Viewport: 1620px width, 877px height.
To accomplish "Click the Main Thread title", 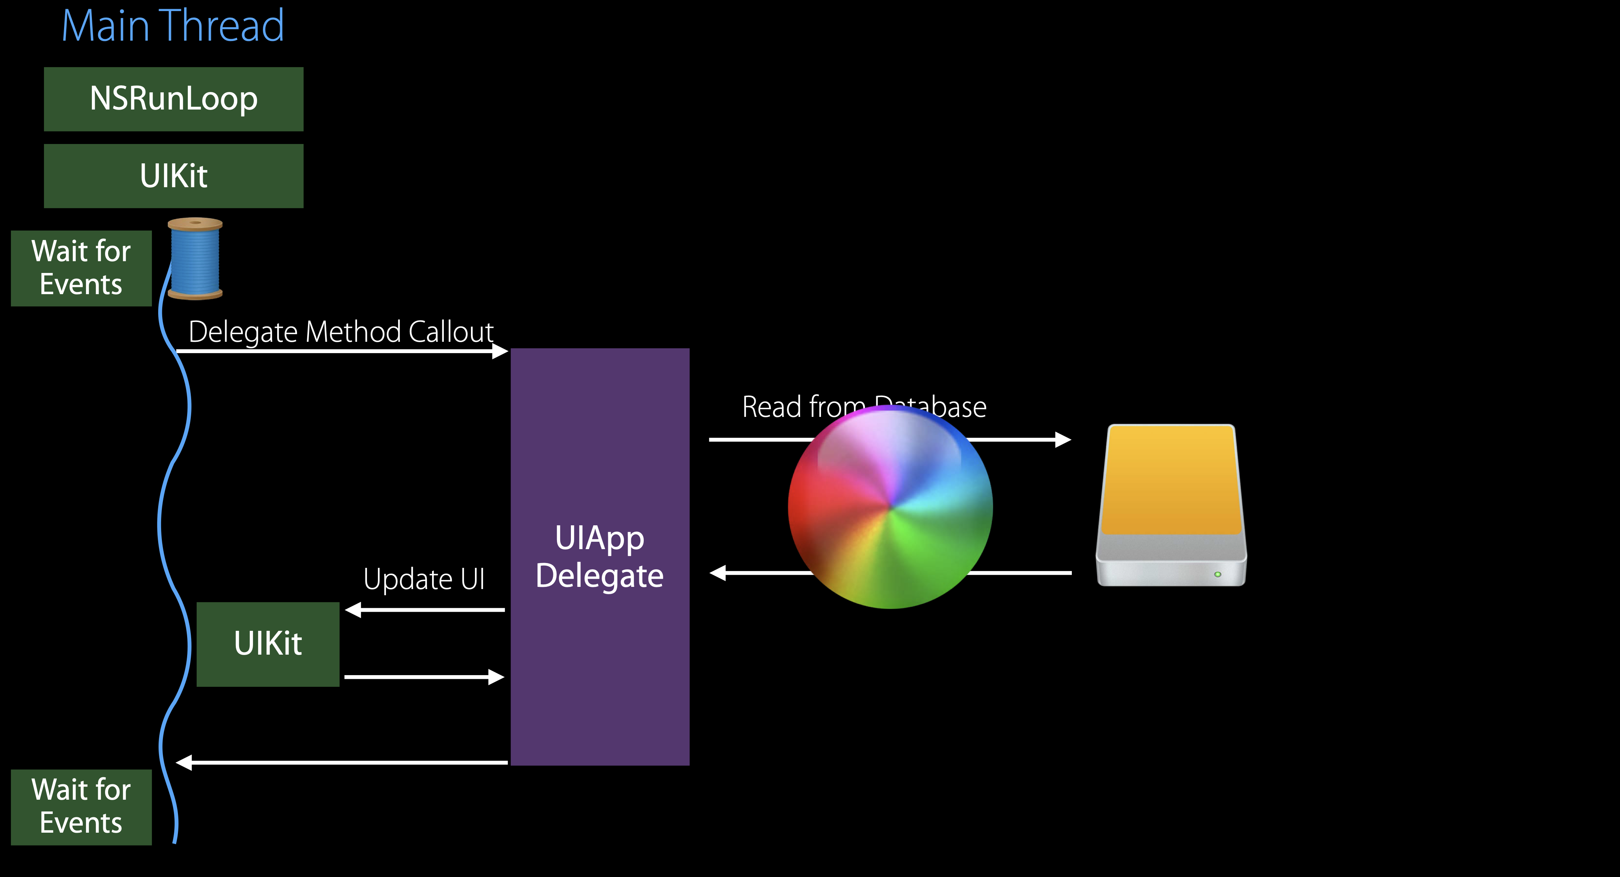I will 173,26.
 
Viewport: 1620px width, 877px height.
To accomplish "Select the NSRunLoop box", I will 174,99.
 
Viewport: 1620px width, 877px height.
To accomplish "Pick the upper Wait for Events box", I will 81,268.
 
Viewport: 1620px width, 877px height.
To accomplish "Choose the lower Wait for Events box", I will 81,807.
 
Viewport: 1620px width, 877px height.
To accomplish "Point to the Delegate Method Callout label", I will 341,332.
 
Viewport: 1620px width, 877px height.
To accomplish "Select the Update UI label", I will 424,579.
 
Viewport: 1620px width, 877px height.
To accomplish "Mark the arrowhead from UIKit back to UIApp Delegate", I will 497,677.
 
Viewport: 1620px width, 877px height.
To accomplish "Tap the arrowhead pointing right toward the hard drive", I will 1063,439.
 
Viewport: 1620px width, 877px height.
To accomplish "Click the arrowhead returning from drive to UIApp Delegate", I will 718,573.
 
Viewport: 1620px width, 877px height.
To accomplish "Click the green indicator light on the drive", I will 1218,574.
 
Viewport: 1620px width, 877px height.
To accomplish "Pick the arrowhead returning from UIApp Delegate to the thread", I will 183,762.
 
